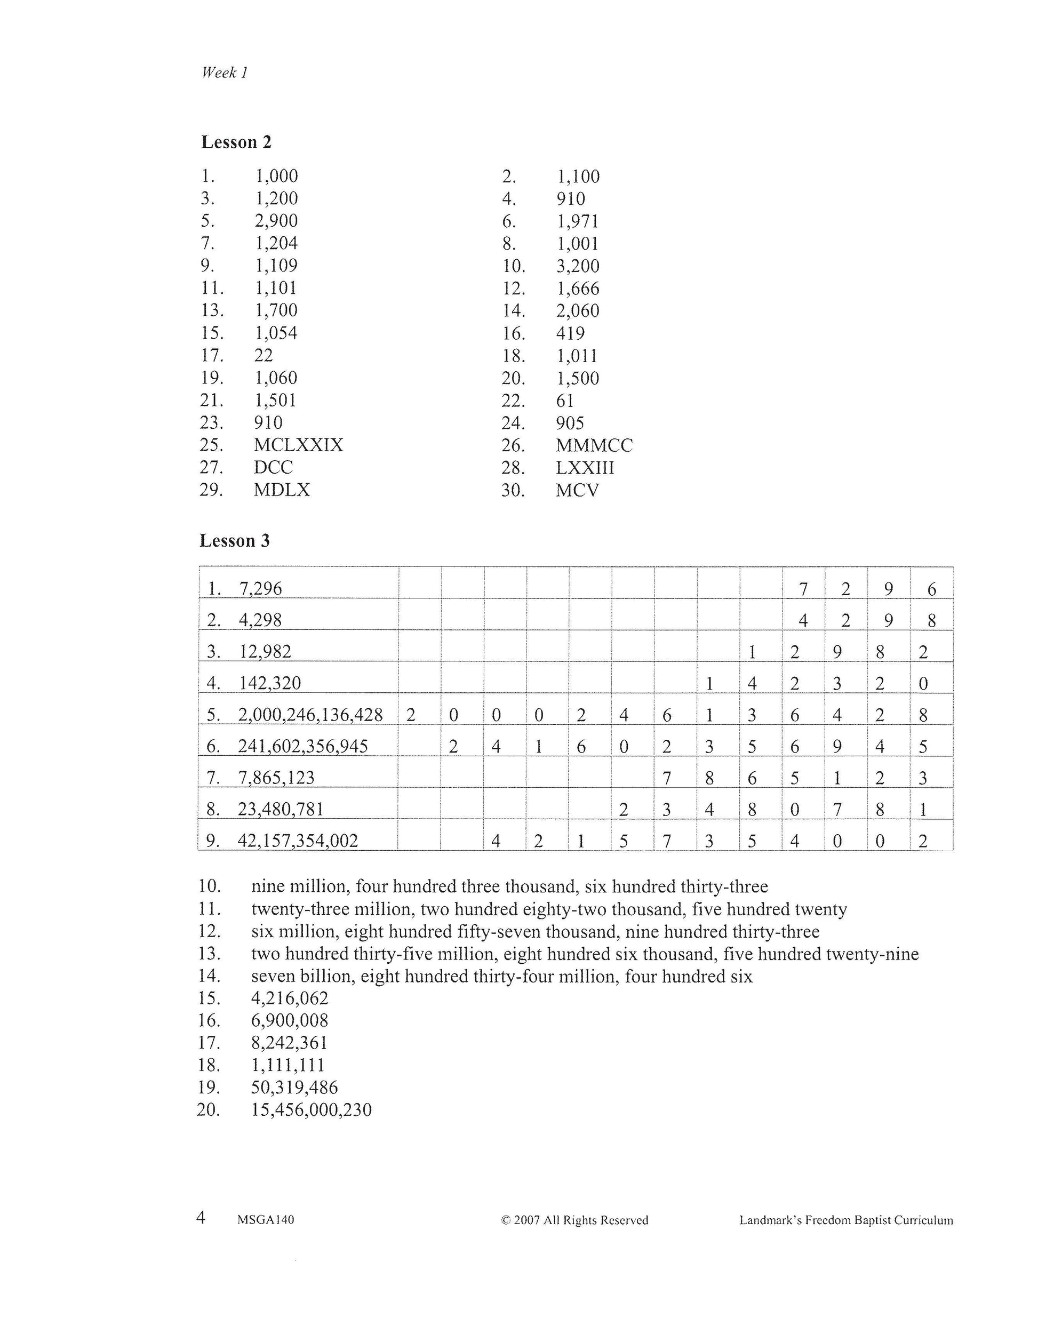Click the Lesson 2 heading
(x=236, y=142)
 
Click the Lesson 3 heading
(x=234, y=541)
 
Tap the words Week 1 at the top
(x=225, y=73)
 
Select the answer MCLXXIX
(x=298, y=445)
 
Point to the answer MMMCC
(x=594, y=446)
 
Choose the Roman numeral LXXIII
(x=585, y=468)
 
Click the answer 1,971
(x=578, y=221)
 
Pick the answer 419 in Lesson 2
(x=570, y=333)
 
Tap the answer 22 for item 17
(x=263, y=355)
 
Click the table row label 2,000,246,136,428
(x=310, y=715)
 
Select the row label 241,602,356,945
(x=302, y=747)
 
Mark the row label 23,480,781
(x=281, y=809)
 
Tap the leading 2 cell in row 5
(x=411, y=715)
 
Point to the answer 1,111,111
(x=287, y=1065)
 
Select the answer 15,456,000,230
(x=311, y=1110)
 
